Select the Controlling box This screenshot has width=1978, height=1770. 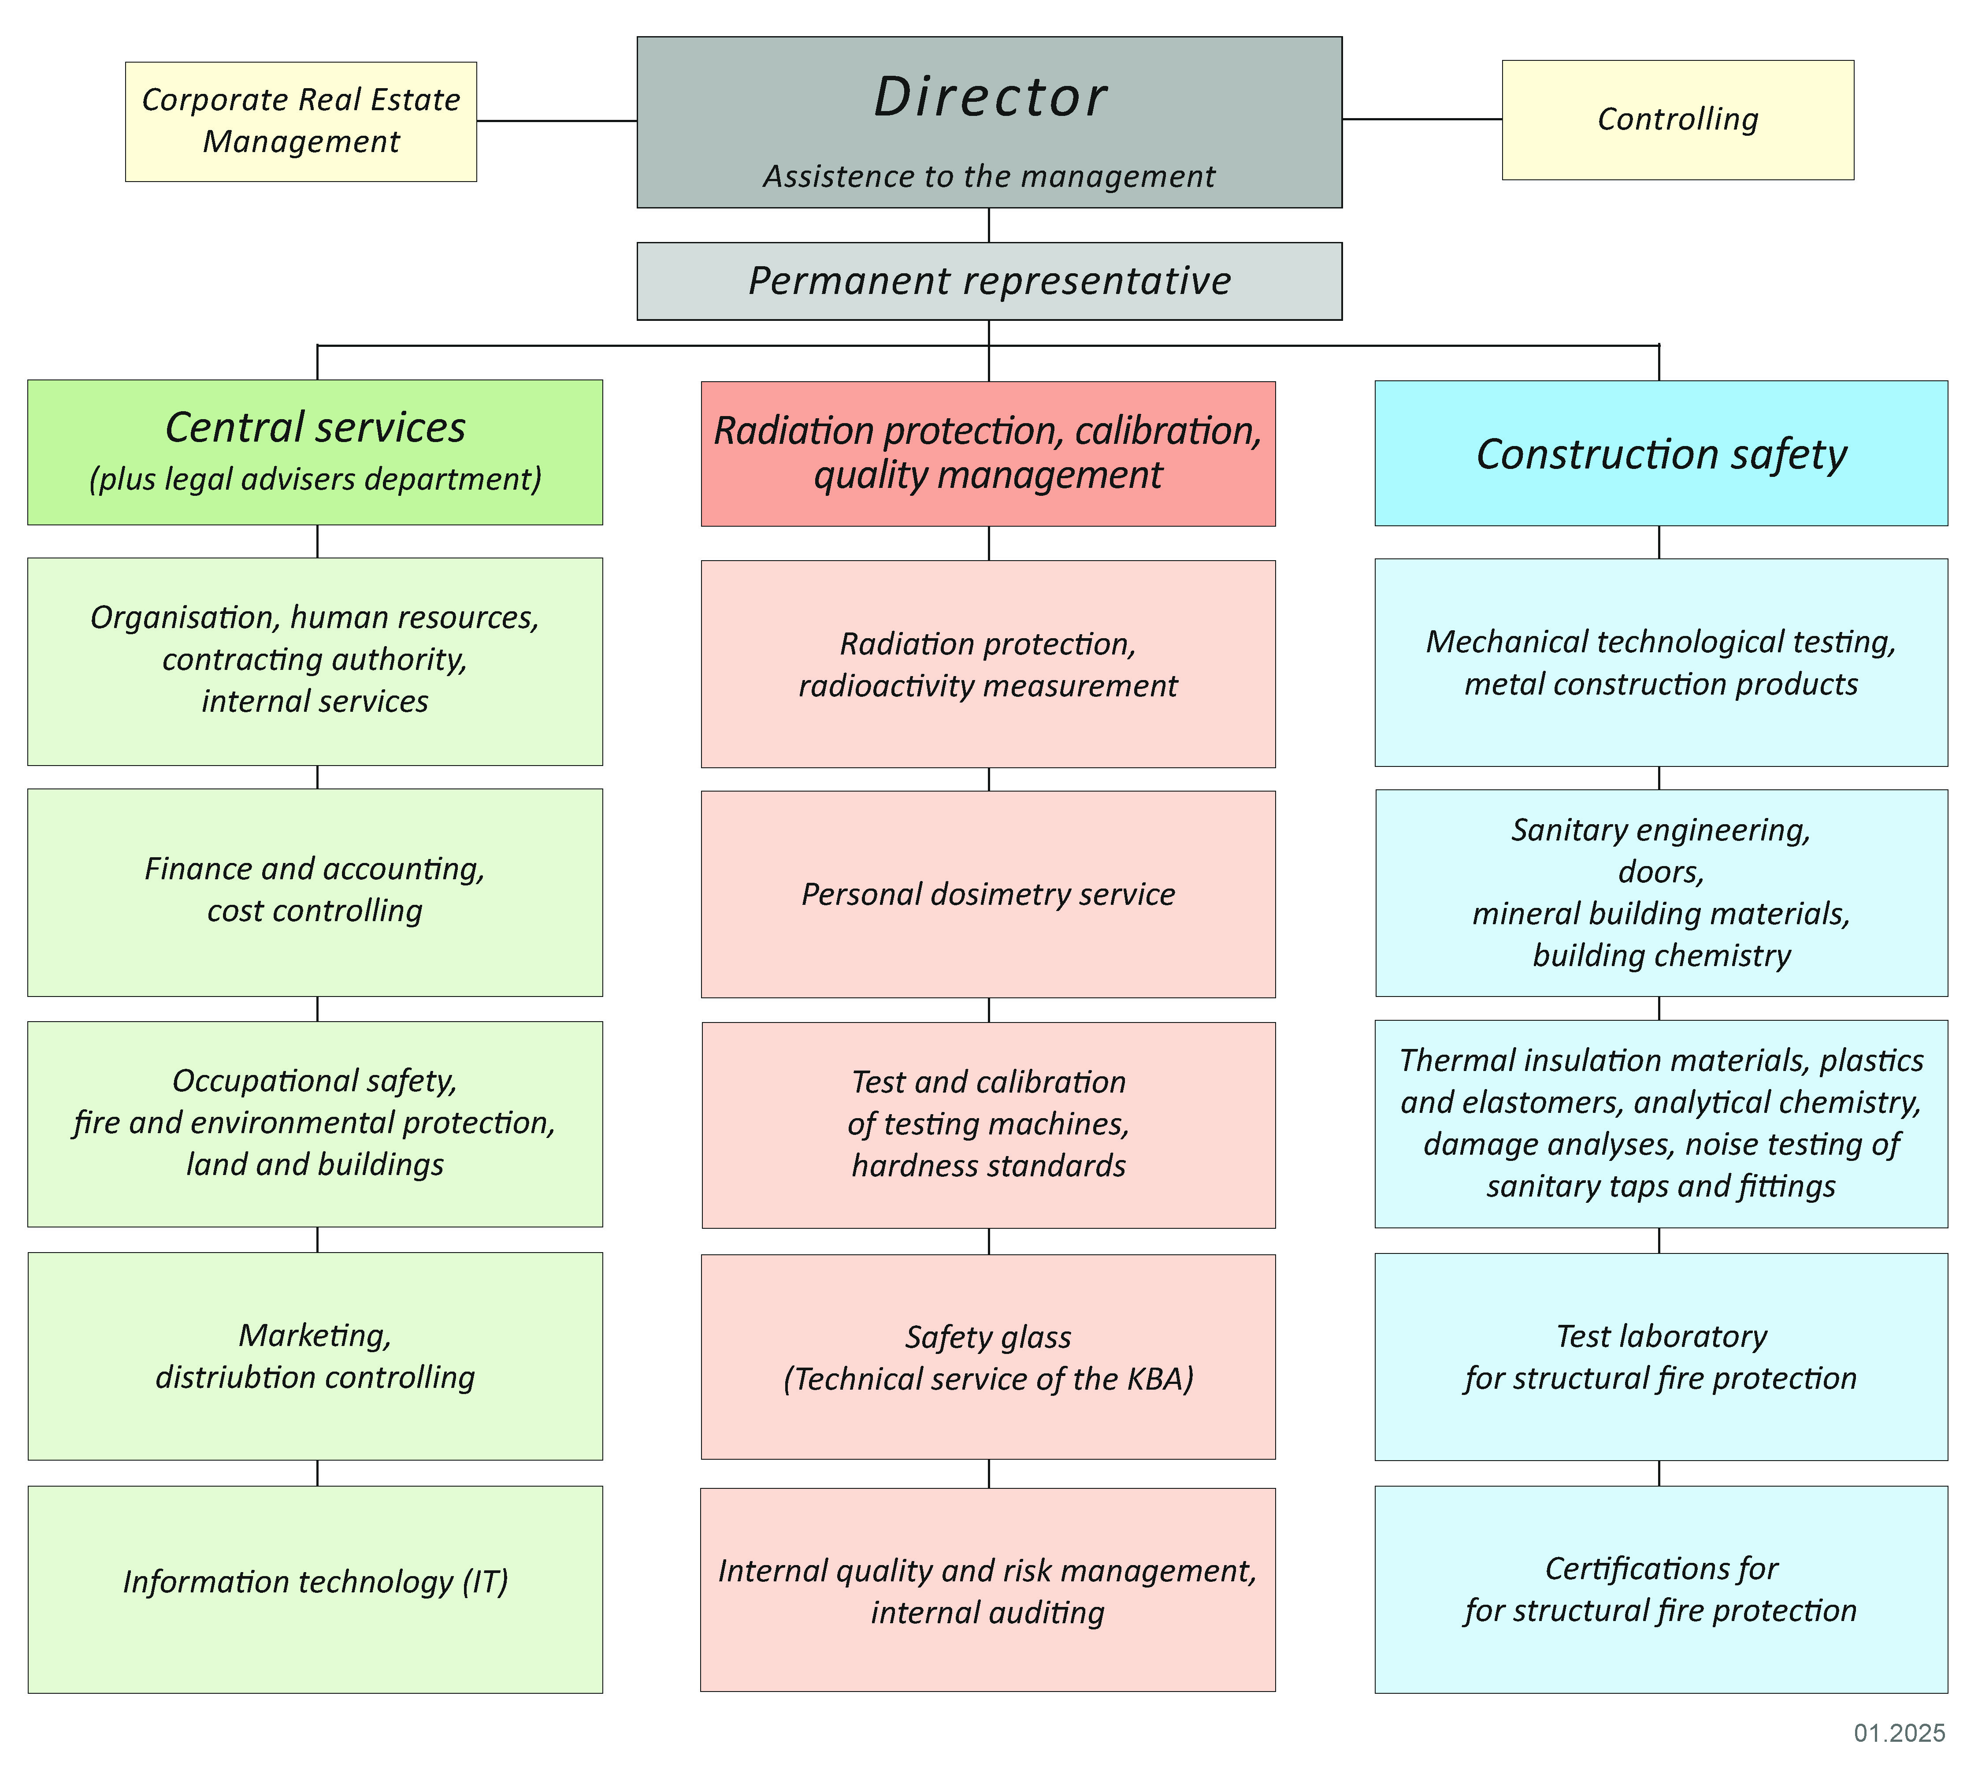[1677, 119]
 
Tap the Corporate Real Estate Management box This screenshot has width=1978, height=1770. [301, 122]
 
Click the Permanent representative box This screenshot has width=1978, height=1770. [989, 281]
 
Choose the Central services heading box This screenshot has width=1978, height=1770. [315, 452]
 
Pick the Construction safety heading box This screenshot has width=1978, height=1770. [1661, 453]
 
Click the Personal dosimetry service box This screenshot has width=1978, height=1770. [988, 894]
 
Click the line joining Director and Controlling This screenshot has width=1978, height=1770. [1422, 119]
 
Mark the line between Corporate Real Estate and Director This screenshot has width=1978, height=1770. [556, 122]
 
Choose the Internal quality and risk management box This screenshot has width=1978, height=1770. [988, 1591]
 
